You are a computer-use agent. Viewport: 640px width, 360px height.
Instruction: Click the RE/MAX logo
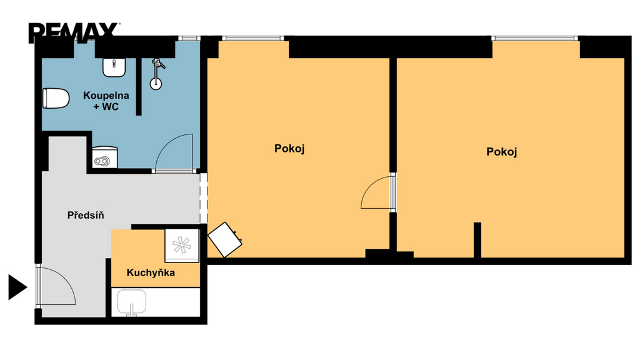click(x=74, y=32)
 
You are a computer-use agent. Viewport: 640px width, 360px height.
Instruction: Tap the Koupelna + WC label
click(x=106, y=101)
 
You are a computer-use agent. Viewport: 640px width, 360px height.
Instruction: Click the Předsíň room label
click(x=86, y=215)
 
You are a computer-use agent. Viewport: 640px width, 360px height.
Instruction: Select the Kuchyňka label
click(x=151, y=272)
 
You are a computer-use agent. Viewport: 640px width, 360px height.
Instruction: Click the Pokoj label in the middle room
click(x=289, y=149)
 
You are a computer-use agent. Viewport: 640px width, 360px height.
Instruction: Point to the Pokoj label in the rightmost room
click(x=502, y=152)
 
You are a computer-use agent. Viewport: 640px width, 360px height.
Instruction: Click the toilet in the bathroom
click(x=56, y=98)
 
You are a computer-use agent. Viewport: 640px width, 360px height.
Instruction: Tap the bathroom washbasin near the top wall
click(x=114, y=67)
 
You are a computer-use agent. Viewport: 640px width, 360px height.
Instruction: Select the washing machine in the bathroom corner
click(x=104, y=157)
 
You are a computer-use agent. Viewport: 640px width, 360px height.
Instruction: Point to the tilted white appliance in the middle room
click(x=225, y=239)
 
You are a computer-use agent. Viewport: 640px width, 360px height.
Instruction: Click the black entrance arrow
click(x=17, y=287)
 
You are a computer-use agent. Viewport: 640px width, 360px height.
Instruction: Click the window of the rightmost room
click(x=535, y=38)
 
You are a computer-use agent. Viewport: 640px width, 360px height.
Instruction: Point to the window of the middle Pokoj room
click(x=252, y=38)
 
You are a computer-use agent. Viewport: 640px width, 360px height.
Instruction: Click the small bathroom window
click(x=189, y=38)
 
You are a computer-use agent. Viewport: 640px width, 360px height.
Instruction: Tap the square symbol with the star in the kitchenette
click(x=182, y=245)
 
